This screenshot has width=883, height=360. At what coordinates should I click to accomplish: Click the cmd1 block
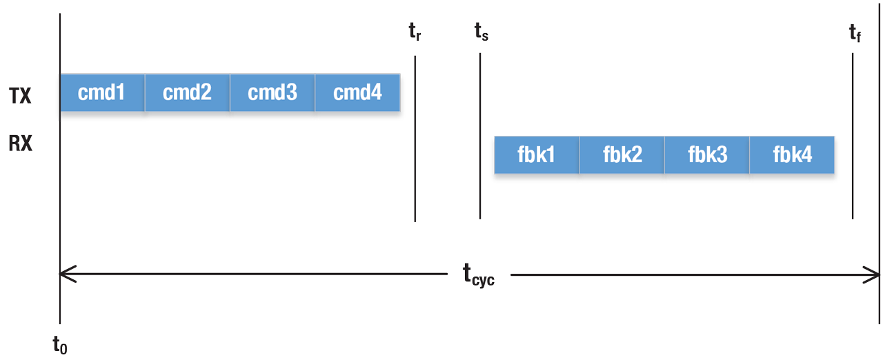coord(102,92)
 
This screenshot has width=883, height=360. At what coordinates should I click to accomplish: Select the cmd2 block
coord(187,92)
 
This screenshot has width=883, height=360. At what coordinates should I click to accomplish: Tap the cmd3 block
coord(272,92)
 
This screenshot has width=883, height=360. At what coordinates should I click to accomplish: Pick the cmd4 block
coord(357,92)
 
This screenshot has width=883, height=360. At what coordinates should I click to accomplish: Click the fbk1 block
coord(537,155)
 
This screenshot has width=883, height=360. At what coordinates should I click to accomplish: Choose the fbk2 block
coord(622,155)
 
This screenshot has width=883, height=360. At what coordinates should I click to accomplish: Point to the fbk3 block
coord(707,155)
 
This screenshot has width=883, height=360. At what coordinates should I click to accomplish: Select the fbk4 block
coord(792,155)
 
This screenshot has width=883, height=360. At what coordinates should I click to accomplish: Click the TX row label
coord(20,96)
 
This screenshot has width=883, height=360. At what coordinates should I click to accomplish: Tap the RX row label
coord(20,144)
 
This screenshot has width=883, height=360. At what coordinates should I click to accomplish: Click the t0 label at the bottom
coord(60,344)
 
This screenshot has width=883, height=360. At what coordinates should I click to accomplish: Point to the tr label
coord(415,32)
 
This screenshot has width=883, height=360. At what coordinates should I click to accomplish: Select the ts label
coord(481,32)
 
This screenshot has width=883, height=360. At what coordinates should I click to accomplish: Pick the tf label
coord(855,32)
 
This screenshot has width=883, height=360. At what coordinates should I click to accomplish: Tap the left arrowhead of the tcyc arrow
coord(66,274)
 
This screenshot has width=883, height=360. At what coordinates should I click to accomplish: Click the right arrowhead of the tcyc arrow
coord(875,274)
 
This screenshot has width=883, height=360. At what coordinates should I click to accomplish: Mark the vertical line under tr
coord(415,138)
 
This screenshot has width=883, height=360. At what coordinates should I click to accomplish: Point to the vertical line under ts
coord(480,138)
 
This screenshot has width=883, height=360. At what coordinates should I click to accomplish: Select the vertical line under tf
coord(853,138)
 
